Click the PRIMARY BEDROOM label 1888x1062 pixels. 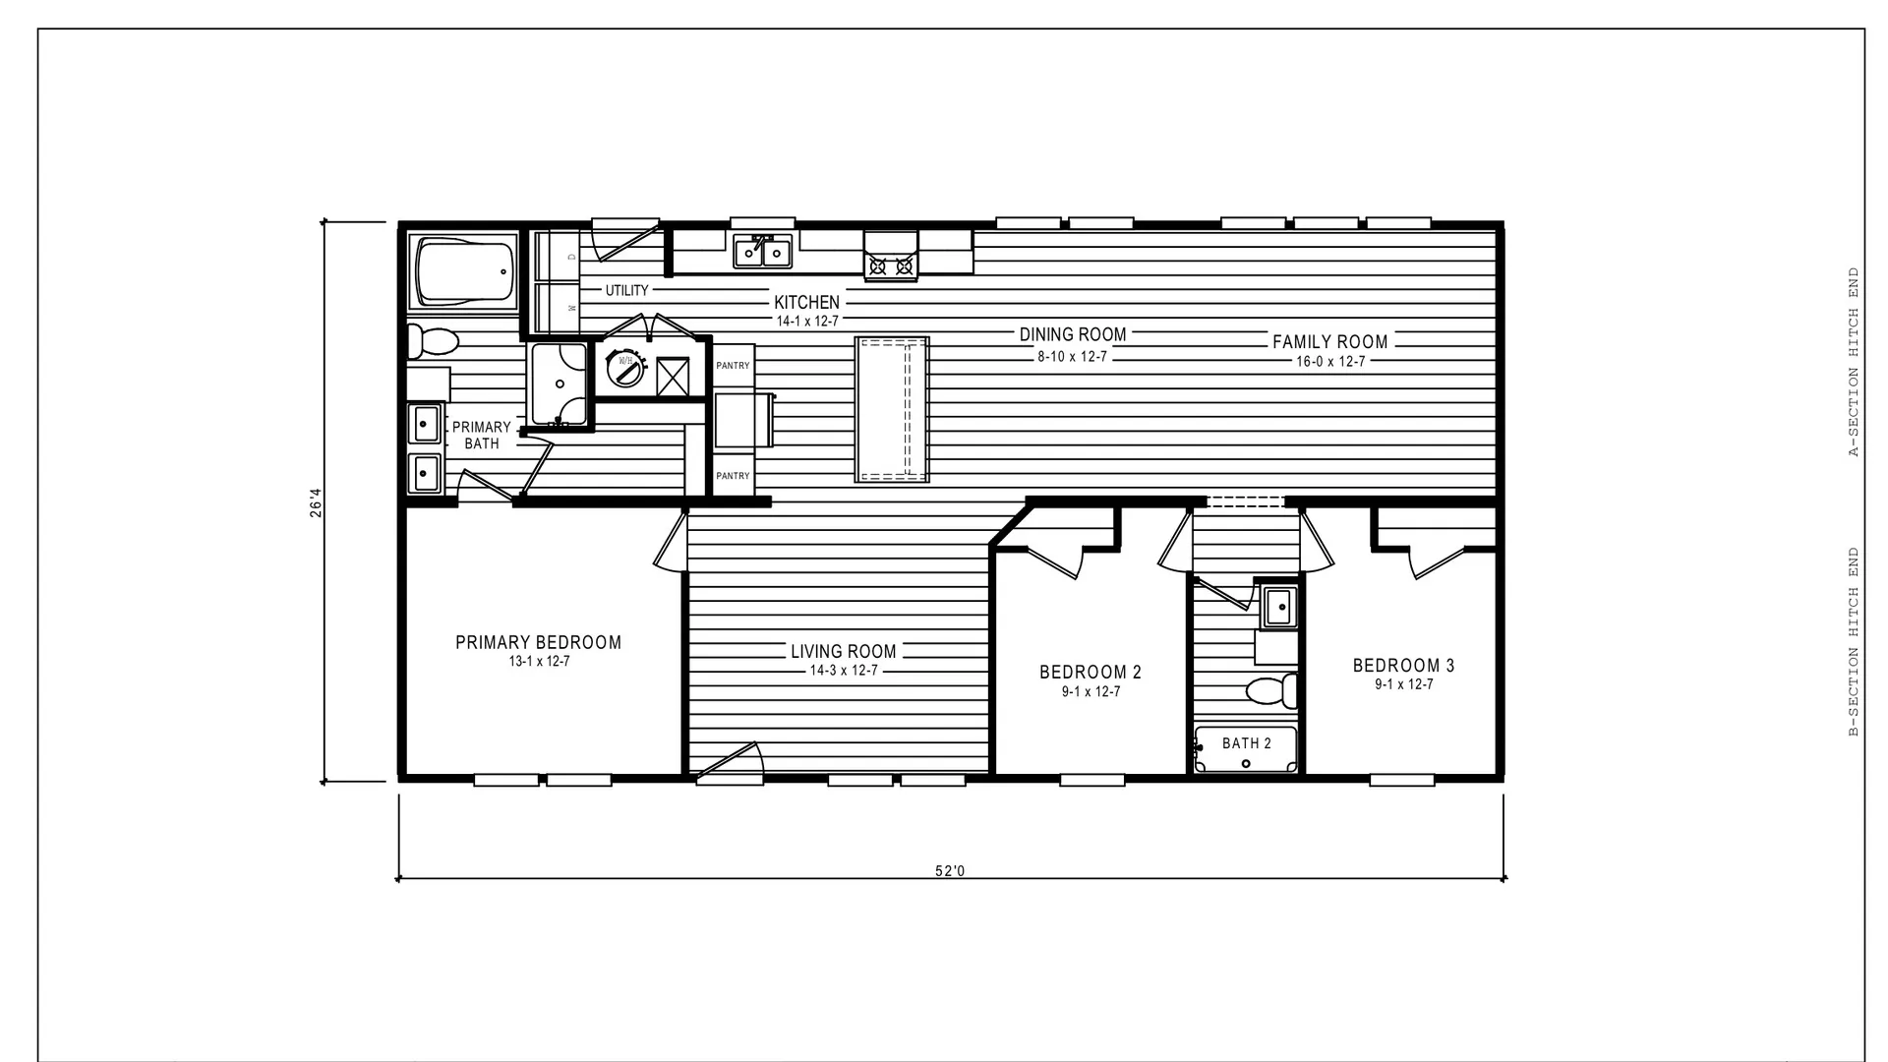(538, 642)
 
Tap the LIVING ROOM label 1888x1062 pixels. (844, 651)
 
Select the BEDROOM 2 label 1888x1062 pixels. (1091, 673)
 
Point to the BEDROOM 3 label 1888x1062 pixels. (1403, 666)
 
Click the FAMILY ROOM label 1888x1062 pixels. (1330, 342)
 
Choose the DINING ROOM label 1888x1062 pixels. (1073, 335)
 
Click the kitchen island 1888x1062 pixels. (892, 409)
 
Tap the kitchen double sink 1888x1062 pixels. (763, 252)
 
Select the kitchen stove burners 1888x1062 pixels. (891, 265)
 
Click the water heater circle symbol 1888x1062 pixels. (624, 368)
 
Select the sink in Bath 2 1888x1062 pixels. (1278, 607)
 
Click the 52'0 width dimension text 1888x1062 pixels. (950, 871)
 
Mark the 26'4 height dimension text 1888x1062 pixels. (316, 502)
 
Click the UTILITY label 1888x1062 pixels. (627, 290)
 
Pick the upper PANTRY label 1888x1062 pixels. (733, 366)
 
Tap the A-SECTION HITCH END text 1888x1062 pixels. (1854, 363)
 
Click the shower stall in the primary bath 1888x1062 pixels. (560, 383)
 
